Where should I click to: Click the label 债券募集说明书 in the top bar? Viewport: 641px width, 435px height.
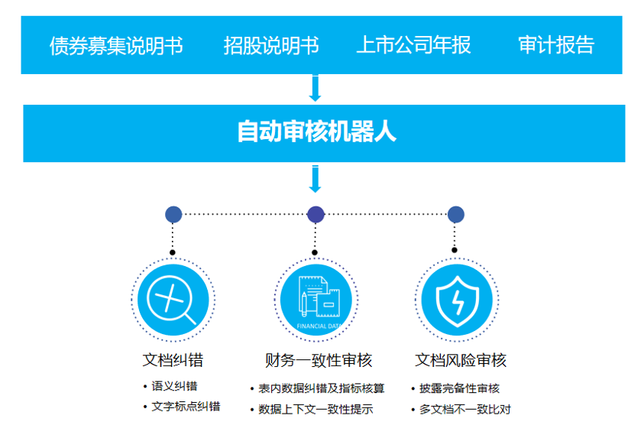(116, 45)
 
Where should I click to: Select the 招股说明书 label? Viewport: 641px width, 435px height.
(271, 45)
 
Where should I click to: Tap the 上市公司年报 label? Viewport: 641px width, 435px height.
(413, 45)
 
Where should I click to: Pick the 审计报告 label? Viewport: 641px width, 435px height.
(555, 45)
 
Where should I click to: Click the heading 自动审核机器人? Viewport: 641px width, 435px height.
(317, 132)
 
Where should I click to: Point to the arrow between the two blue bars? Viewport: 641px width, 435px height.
(315, 89)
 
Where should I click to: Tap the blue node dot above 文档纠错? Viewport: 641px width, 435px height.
(173, 215)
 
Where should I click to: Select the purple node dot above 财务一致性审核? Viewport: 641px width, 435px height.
(316, 215)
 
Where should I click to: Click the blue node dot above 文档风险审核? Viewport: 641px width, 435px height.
(456, 215)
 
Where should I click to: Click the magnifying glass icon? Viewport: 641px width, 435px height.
(173, 298)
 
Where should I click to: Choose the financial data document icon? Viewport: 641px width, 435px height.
(316, 298)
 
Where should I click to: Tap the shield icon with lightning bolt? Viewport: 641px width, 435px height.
(457, 298)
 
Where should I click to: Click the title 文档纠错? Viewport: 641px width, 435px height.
(173, 360)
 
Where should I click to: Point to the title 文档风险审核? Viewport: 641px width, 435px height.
(461, 360)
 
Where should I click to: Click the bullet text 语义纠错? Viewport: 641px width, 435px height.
(174, 387)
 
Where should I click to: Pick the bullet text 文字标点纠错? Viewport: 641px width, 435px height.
(186, 407)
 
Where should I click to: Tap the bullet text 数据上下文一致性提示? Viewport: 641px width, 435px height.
(316, 409)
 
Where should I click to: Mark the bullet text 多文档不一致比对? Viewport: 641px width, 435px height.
(465, 409)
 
